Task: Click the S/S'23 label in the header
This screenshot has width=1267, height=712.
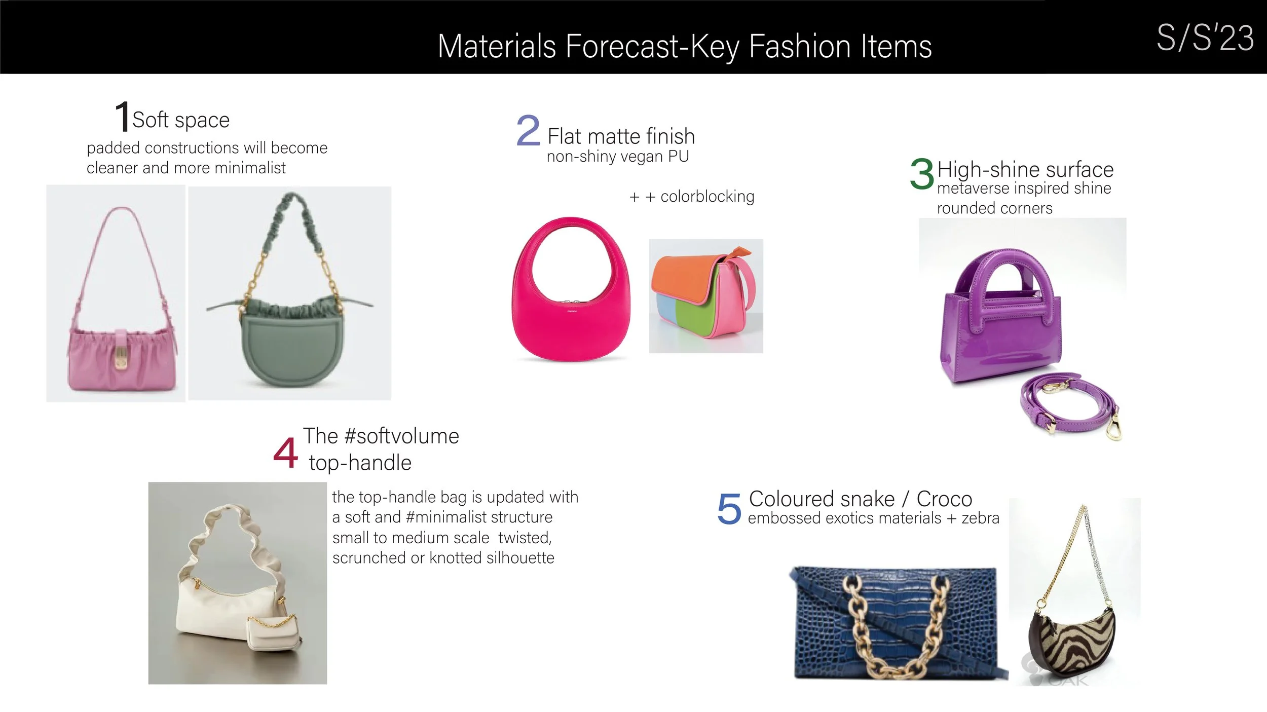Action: coord(1205,38)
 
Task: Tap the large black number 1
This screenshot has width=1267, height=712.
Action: coord(122,117)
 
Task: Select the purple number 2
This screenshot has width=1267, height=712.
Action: coord(528,131)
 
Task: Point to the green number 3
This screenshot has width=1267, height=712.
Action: coord(921,174)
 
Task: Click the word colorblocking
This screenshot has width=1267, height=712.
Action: coord(707,196)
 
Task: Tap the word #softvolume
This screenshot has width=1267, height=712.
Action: coord(401,436)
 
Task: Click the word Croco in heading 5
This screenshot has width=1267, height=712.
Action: coord(944,499)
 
